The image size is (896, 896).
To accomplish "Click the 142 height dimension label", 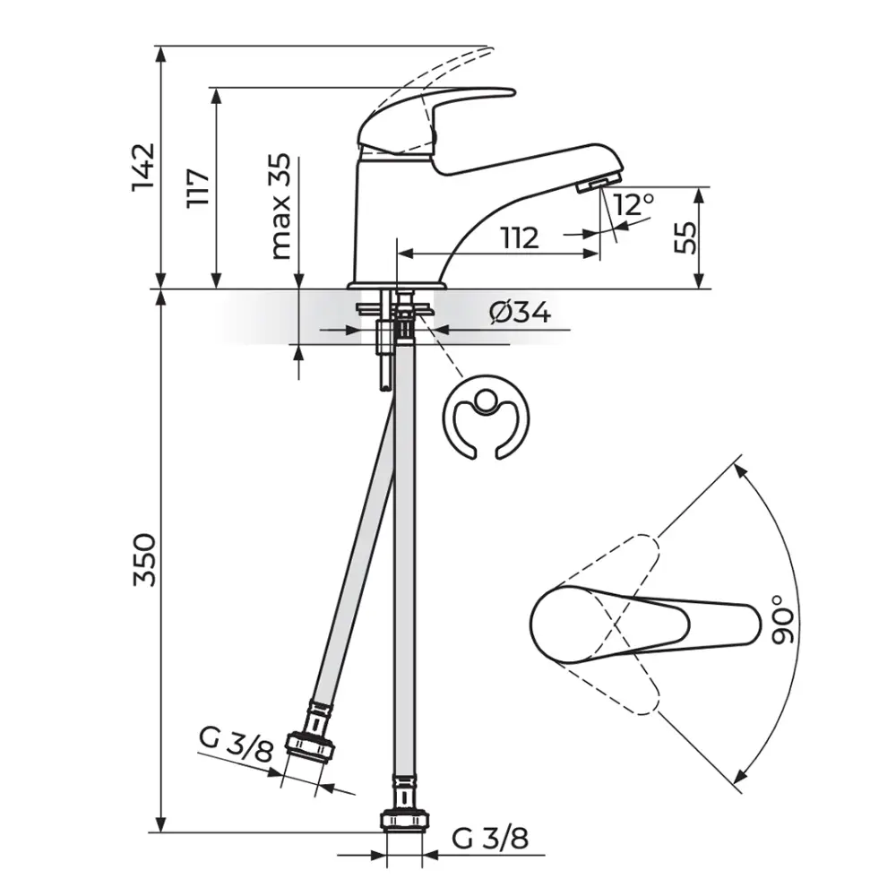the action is (x=143, y=167).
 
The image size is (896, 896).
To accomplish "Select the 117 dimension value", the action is (x=198, y=188).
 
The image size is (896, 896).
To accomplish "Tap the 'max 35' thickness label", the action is (x=280, y=206).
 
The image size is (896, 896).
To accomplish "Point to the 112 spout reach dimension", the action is (x=520, y=237).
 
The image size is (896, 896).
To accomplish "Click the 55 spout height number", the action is (x=685, y=237).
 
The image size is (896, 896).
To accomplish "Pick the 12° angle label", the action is (x=634, y=204).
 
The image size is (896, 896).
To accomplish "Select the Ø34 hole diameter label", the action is (x=520, y=313).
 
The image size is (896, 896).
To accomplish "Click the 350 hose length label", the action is (x=143, y=560).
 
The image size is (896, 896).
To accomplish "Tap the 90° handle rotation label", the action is (x=782, y=619).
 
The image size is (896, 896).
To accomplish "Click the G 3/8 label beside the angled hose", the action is (x=236, y=745).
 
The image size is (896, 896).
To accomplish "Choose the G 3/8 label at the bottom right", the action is (x=490, y=839).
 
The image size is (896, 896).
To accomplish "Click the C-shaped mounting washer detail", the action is (x=486, y=418).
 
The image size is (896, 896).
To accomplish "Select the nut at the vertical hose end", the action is (x=405, y=820).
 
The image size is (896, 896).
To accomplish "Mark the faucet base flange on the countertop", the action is (x=397, y=285).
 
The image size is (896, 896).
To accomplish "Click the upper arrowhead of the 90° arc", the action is (x=741, y=470).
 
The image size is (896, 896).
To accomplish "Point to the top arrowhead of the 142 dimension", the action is (x=161, y=53).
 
